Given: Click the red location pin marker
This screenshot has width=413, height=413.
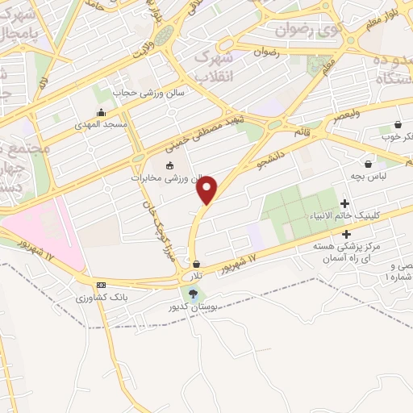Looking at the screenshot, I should (207, 190).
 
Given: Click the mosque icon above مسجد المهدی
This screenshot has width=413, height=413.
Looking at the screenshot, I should (100, 113).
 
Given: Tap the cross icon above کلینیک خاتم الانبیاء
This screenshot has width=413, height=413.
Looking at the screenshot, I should (345, 203).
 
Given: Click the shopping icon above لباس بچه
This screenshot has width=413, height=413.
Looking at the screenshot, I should (369, 164).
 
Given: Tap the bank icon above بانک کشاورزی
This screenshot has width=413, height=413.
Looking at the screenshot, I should (101, 285).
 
